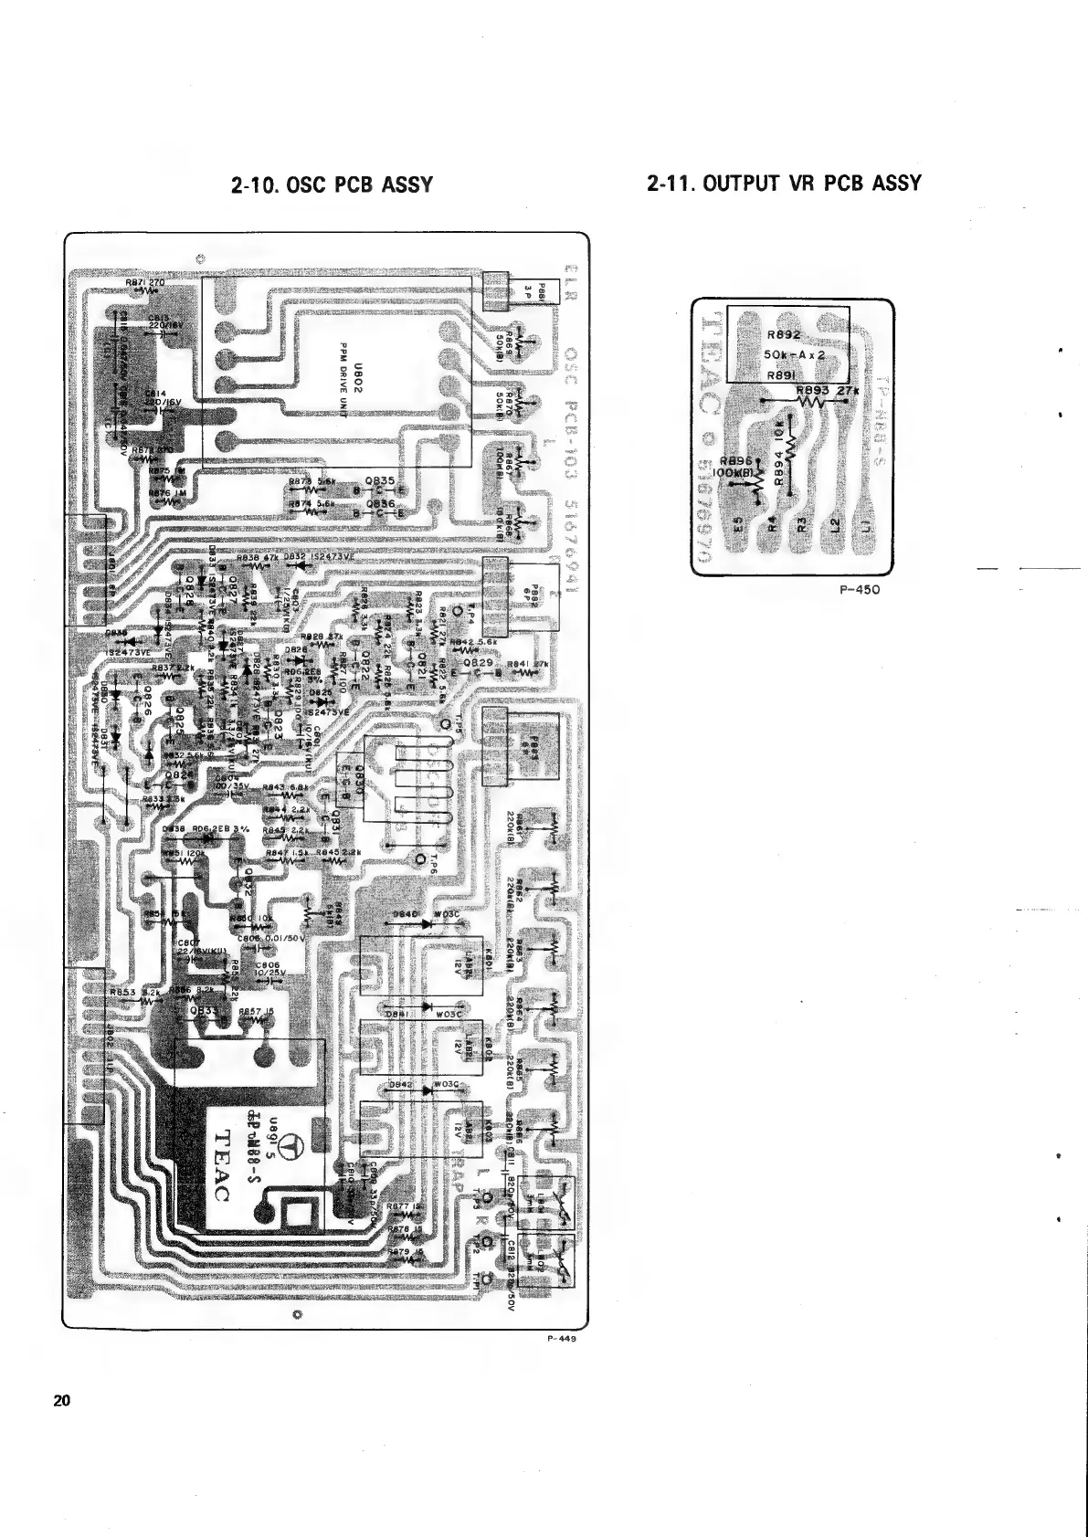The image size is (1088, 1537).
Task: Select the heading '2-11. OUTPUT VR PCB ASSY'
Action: (783, 184)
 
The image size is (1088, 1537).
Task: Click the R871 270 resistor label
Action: (144, 283)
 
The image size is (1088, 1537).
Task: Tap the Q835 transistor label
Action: (378, 479)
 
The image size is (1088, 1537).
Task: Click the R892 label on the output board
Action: (785, 336)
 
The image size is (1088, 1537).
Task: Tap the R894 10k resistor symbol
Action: (792, 447)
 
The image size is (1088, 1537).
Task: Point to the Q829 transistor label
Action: (478, 661)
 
